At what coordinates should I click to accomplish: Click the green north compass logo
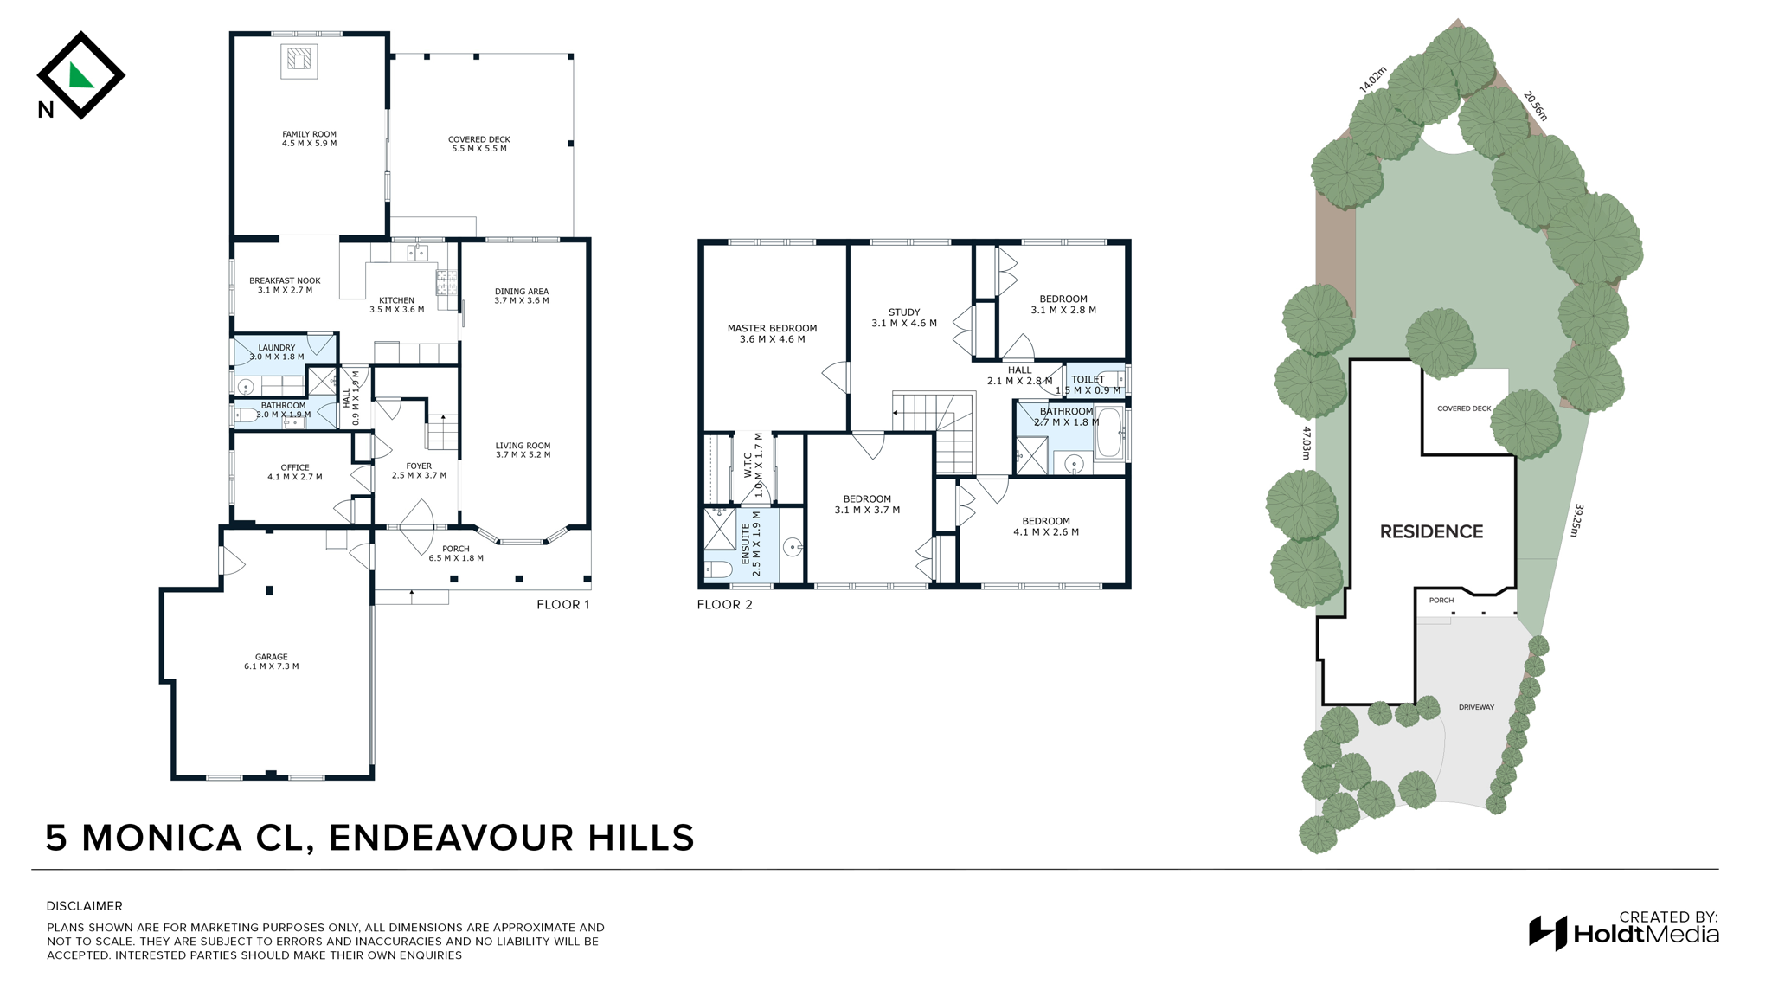coord(80,75)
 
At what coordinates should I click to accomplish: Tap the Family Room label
coord(309,138)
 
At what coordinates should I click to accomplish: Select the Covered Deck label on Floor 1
coord(479,144)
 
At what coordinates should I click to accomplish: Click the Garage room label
coord(271,661)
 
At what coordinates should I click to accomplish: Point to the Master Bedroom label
coord(772,333)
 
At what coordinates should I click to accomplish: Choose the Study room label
coord(904,318)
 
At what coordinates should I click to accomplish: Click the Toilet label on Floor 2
coord(1088,384)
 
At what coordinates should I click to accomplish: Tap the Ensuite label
coord(751,550)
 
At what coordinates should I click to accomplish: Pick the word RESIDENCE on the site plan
coord(1431,531)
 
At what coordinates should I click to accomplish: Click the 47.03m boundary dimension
coord(1306,442)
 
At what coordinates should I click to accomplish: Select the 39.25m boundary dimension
coord(1576,520)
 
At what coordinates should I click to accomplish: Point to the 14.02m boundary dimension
coord(1372,80)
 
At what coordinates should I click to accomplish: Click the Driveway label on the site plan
coord(1476,707)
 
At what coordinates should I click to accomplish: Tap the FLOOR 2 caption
coord(724,604)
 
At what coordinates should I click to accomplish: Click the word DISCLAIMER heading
coord(85,906)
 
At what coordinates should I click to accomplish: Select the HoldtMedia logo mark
coord(1548,933)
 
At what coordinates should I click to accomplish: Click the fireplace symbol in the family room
coord(299,60)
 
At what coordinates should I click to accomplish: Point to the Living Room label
coord(523,450)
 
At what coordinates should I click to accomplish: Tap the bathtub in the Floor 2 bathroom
coord(1109,433)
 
